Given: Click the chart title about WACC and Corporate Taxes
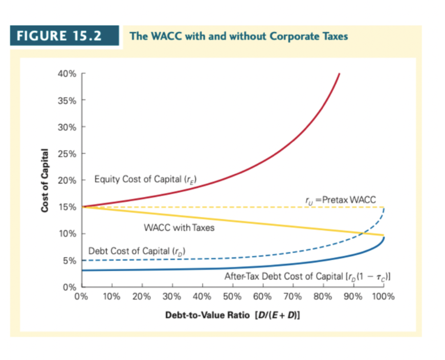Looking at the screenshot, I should (x=239, y=36).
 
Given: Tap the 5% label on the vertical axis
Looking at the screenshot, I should (x=70, y=260).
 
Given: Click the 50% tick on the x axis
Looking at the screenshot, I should (x=232, y=296).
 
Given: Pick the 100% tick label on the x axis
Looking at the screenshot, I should (x=383, y=296).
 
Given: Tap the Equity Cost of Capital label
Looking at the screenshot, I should (x=146, y=179).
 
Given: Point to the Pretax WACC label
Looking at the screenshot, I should (x=340, y=198).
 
